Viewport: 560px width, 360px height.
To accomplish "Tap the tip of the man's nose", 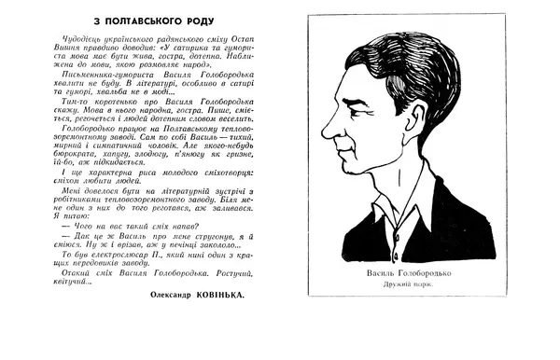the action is pos(323,132).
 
